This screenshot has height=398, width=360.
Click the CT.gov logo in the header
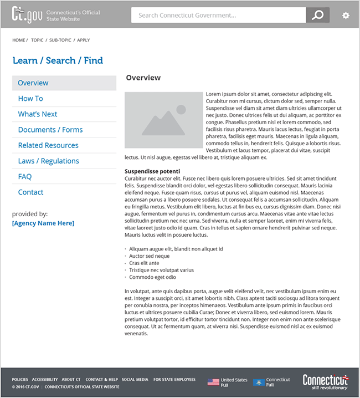[x=26, y=15]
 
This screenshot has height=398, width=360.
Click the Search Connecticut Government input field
[x=218, y=16]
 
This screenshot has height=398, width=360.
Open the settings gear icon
[x=346, y=16]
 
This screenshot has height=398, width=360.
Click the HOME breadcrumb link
[x=19, y=40]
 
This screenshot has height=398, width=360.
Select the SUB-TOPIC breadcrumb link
[x=60, y=40]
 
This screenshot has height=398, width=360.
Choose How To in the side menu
[x=30, y=99]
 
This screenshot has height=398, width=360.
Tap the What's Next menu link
[x=38, y=114]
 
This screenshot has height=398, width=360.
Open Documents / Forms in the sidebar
[x=50, y=130]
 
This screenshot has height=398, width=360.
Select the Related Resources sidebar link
[x=48, y=145]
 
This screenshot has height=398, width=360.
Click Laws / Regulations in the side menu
[x=49, y=161]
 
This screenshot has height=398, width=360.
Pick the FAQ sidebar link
[x=25, y=176]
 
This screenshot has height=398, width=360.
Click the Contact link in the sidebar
[x=30, y=192]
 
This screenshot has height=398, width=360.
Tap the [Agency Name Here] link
[x=43, y=223]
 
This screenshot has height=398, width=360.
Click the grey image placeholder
[x=164, y=121]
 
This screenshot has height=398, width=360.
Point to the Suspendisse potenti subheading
[x=152, y=171]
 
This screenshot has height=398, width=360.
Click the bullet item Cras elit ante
[x=144, y=263]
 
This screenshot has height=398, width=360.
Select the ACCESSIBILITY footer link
[x=45, y=380]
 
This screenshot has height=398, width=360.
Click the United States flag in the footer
[x=213, y=382]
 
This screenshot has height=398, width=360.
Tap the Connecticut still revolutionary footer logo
[x=325, y=382]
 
